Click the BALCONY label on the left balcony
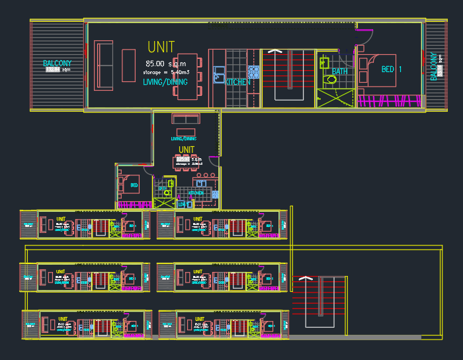coord(57,64)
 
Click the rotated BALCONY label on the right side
coord(434,66)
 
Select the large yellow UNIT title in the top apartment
coord(161,47)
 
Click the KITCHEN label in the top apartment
coord(238,82)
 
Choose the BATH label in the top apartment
coord(340,71)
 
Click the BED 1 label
coord(392,69)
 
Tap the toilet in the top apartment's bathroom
coord(331,79)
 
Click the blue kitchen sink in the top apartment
coord(218,74)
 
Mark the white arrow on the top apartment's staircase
coord(276,51)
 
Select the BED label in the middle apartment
coord(134,185)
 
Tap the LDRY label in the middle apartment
coord(182,204)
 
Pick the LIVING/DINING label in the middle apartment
coord(183,139)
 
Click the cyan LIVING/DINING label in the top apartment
coord(165,82)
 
